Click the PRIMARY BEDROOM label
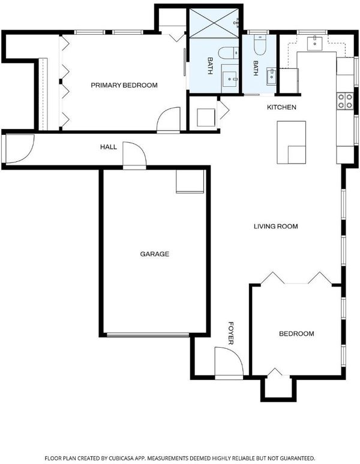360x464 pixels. point(124,85)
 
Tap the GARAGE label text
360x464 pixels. point(155,254)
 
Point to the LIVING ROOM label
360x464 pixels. point(276,227)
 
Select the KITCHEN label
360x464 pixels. point(281,107)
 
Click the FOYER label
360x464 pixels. point(231,333)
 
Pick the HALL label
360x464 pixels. point(109,147)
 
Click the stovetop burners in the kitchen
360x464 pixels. point(345,101)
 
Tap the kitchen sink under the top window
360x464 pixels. point(315,44)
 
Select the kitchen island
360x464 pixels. point(292,142)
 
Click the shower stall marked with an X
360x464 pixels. point(214,23)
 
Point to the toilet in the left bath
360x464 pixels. point(228,53)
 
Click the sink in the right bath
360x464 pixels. point(271,76)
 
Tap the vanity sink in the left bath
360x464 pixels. point(230,79)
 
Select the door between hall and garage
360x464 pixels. point(135,155)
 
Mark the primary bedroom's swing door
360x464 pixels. point(169,120)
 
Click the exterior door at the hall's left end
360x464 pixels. point(19,149)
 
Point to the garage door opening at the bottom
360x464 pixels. point(148,335)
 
